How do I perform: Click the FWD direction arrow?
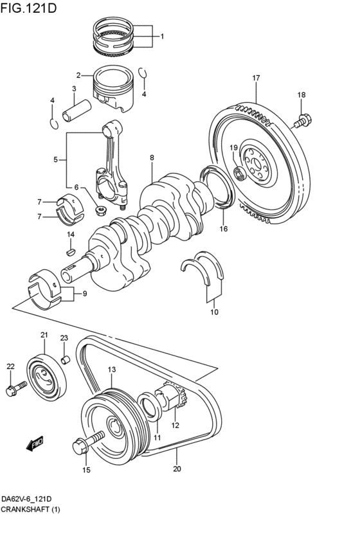pyautogui.click(x=35, y=443)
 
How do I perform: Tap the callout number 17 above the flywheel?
pyautogui.click(x=256, y=78)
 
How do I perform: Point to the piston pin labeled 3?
pyautogui.click(x=76, y=111)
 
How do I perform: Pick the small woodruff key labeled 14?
pyautogui.click(x=71, y=250)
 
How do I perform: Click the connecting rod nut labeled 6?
pyautogui.click(x=101, y=210)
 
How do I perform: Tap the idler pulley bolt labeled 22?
pyautogui.click(x=17, y=388)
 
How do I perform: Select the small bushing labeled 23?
pyautogui.click(x=66, y=359)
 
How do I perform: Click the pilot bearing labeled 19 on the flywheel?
pyautogui.click(x=239, y=173)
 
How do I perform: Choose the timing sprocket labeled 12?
pyautogui.click(x=174, y=395)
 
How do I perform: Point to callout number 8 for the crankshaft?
pyautogui.click(x=152, y=157)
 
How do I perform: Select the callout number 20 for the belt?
pyautogui.click(x=177, y=469)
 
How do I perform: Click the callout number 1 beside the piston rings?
pyautogui.click(x=162, y=36)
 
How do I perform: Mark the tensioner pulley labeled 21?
pyautogui.click(x=47, y=378)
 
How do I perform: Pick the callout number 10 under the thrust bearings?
pyautogui.click(x=214, y=312)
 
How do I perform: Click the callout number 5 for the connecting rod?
pyautogui.click(x=55, y=159)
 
